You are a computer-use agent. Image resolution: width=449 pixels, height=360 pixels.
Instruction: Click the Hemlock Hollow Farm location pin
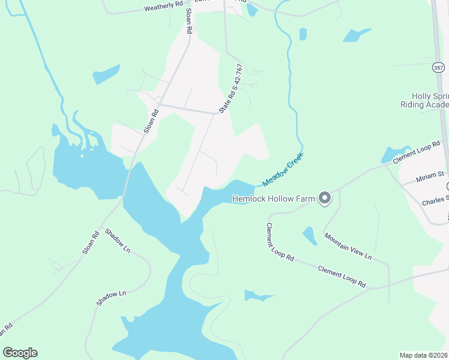(325, 197)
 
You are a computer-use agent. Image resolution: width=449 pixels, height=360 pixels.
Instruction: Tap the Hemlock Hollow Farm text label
(273, 198)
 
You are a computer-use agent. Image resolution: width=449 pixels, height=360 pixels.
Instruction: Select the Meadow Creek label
(283, 169)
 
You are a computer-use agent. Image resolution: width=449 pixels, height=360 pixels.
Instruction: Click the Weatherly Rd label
(163, 6)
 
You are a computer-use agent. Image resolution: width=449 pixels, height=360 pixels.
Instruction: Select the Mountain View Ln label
(348, 247)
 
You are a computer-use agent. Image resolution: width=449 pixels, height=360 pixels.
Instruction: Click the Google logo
(20, 353)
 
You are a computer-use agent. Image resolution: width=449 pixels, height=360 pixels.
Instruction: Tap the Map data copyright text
(423, 355)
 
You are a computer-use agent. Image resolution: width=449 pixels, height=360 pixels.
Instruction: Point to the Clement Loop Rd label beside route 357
(417, 152)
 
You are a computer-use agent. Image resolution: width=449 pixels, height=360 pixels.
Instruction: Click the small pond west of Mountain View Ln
(310, 235)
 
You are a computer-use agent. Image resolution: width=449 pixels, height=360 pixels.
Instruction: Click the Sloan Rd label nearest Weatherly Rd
(189, 20)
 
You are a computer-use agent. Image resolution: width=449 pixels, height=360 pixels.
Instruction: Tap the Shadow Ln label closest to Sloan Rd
(117, 240)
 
